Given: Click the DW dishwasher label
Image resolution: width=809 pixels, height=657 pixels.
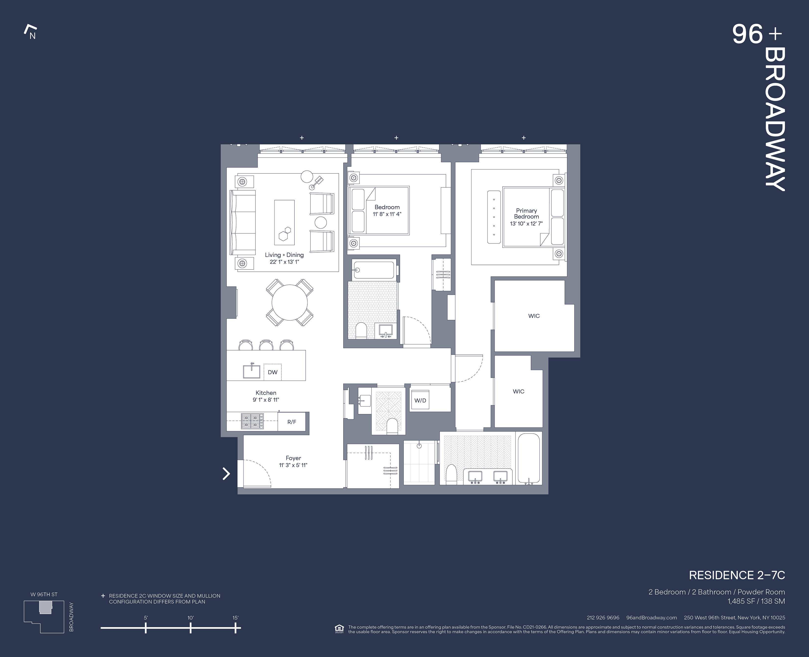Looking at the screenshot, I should coord(272,372).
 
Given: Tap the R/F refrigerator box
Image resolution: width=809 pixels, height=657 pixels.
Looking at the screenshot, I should coord(291,422).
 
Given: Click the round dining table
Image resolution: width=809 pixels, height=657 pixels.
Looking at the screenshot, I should coord(290,302).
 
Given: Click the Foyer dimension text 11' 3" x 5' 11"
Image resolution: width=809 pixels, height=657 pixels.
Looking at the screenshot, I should coord(293,465).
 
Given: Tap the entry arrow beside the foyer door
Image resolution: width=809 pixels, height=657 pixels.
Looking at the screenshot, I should coord(226,474).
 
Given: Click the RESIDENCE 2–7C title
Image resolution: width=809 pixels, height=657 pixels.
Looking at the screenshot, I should coord(736,575).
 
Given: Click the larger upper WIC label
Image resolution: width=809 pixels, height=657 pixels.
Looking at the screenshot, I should coord(534,316).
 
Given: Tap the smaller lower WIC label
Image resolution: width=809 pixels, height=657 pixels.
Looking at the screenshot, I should coord(518,391).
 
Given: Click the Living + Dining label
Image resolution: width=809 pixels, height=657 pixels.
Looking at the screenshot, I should coord(284,255).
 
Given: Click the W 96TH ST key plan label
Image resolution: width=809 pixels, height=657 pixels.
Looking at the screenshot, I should coord(44,594).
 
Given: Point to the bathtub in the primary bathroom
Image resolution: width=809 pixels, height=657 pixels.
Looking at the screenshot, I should coord(529,458).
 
